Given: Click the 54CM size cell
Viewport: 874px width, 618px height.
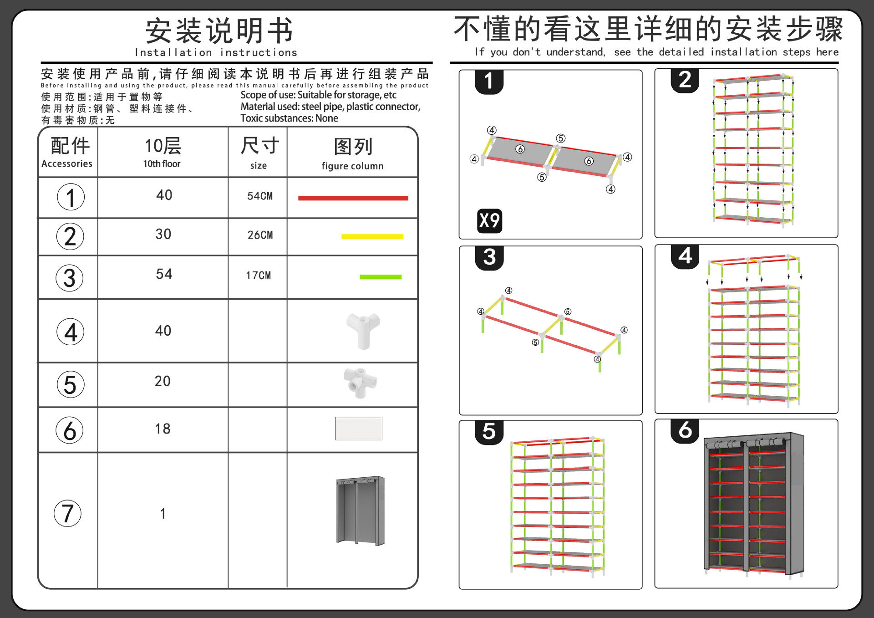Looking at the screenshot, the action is [x=259, y=196].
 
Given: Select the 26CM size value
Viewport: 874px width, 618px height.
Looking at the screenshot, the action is [x=260, y=235].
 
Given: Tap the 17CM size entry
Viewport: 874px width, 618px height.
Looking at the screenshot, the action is [x=258, y=276].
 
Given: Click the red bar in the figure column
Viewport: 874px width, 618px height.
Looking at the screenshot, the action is [x=353, y=198].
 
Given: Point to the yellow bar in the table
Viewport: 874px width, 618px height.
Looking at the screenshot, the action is [x=372, y=236].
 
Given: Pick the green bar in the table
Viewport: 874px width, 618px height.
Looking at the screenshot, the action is [x=380, y=277].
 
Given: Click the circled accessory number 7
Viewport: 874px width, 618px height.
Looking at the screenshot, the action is [x=68, y=513].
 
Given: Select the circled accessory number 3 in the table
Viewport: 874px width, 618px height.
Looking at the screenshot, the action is [x=70, y=278].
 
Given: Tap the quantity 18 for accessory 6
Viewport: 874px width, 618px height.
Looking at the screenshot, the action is [x=163, y=429].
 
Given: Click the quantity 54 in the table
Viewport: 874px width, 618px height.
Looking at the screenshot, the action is [x=164, y=274].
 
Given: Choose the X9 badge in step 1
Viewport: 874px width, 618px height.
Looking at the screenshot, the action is [x=489, y=221].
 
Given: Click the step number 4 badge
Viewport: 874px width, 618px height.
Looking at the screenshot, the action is [x=685, y=256].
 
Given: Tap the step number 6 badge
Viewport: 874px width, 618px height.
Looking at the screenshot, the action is [x=685, y=430].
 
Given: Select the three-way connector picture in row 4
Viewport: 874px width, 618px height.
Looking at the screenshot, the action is [x=363, y=330].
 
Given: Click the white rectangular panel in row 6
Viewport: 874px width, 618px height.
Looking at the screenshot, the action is [x=359, y=429].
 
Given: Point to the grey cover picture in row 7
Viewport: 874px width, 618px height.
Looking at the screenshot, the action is [x=361, y=510].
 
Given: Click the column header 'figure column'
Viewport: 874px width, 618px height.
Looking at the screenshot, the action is [x=352, y=166].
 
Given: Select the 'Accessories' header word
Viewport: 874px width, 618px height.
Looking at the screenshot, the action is [x=67, y=163].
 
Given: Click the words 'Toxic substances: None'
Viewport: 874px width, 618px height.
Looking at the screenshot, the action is [x=289, y=118].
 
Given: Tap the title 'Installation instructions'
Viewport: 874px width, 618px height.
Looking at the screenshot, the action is [x=216, y=53].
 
